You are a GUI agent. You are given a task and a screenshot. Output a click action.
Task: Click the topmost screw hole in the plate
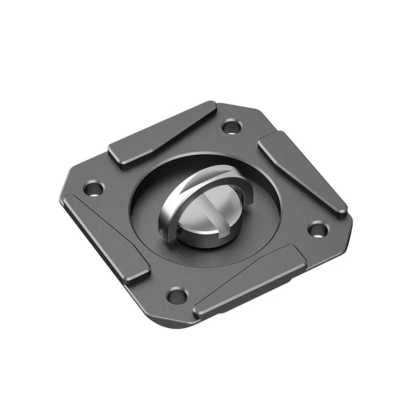pos(232,125)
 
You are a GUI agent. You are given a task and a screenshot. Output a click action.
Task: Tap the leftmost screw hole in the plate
pos(94,188)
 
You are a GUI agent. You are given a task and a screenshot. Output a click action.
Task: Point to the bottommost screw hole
pos(178,295)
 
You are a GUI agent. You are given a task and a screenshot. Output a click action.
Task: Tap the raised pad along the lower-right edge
pos(248,282)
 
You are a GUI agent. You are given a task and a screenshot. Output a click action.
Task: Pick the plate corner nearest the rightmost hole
pos(349,228)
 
